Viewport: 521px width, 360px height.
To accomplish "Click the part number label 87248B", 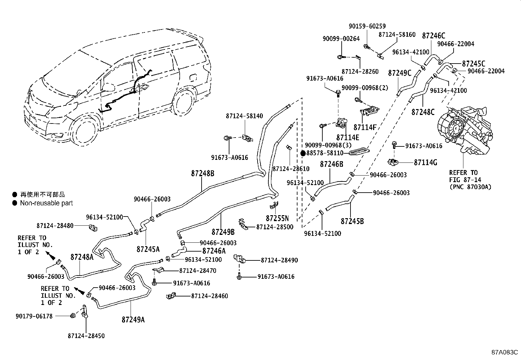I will tap(203, 174).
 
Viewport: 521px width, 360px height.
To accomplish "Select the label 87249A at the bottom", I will tap(133, 319).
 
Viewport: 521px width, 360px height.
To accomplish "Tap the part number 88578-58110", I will tap(325, 153).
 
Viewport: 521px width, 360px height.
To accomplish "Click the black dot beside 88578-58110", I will tap(303, 153).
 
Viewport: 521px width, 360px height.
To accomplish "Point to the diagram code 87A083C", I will tap(504, 352).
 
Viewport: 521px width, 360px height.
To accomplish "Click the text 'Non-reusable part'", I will tap(46, 203).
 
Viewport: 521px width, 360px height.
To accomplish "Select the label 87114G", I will tap(425, 162).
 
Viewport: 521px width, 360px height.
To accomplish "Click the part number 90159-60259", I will tap(367, 26).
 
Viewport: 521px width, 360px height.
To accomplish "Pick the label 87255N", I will tap(277, 218).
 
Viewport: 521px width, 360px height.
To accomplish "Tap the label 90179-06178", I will tap(34, 316).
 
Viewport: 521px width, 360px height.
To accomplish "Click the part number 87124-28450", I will tap(86, 336).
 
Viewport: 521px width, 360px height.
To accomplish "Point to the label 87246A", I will tap(214, 251).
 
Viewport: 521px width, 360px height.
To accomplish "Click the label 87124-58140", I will tap(244, 116).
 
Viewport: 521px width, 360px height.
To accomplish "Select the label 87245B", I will tap(352, 221).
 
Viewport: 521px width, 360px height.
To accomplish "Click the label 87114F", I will tap(365, 127).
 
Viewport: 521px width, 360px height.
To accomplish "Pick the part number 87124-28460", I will tap(209, 296).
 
